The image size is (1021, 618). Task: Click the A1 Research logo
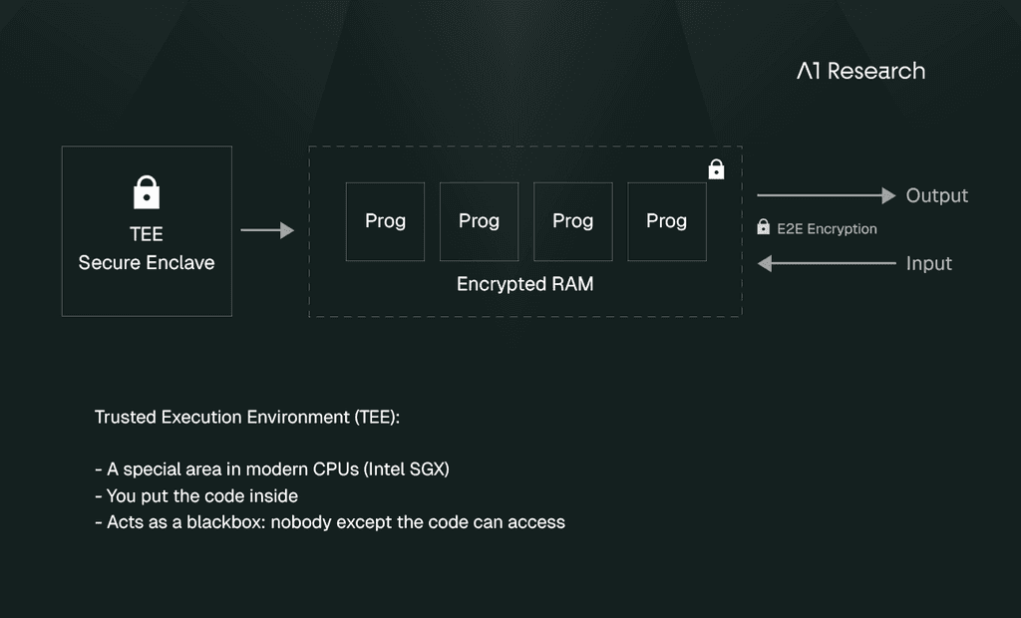860,71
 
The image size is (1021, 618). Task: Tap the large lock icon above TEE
147,192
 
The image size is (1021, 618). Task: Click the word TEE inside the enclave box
147,234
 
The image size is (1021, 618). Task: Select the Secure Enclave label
147,262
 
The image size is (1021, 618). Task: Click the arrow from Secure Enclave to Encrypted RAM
267,230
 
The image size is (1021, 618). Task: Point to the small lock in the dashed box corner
716,169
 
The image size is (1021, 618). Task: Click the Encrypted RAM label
524,284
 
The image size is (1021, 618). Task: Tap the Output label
937,195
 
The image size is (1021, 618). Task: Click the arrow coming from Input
827,263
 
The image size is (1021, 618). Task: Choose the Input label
929,263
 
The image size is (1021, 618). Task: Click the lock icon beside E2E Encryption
763,226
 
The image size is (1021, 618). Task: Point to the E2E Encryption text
827,228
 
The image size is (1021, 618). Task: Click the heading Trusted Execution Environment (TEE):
247,417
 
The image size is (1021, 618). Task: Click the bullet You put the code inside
196,496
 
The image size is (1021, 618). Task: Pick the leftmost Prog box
386,221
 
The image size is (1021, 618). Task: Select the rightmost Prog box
667,221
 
